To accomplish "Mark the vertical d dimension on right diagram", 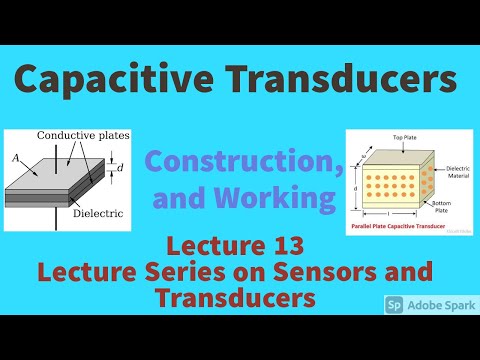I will click(356, 186).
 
